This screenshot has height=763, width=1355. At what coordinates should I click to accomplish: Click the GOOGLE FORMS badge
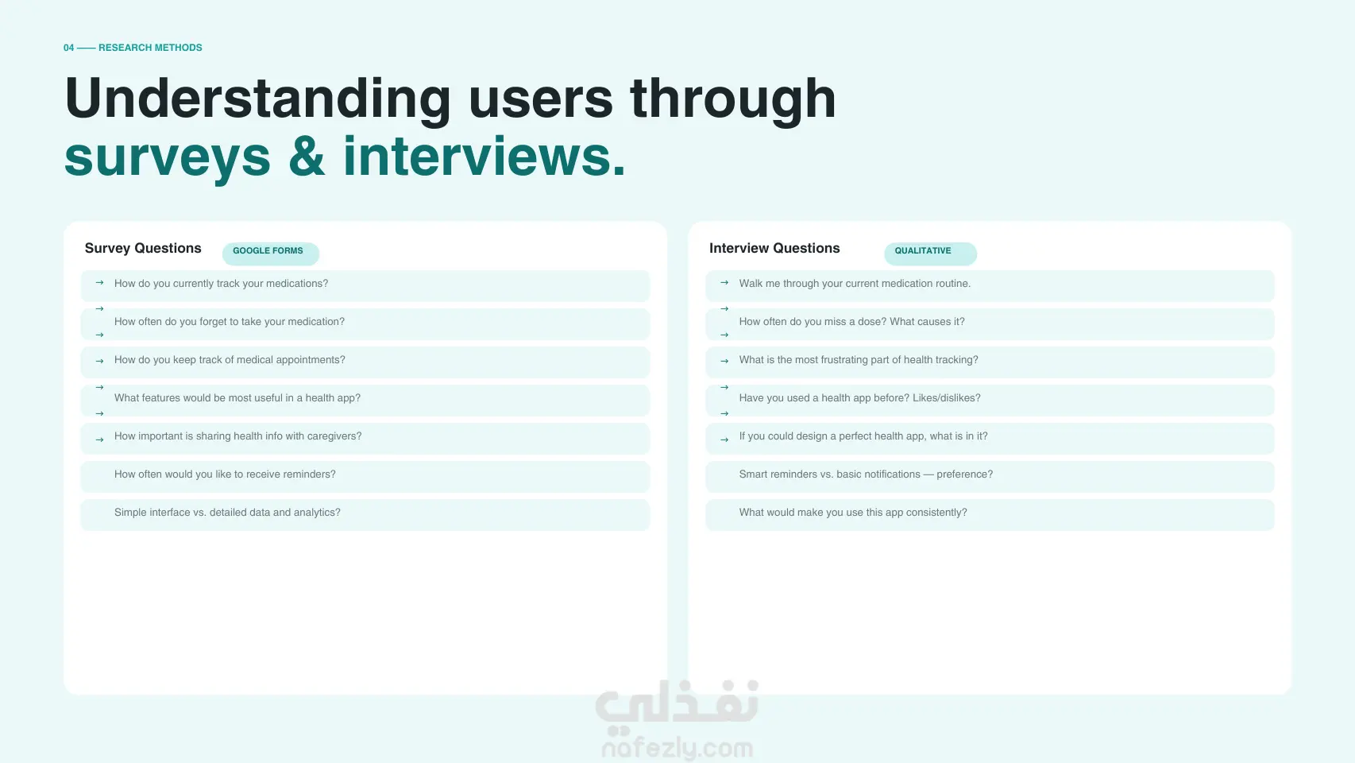tap(270, 253)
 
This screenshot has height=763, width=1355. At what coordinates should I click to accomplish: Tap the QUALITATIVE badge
tap(930, 253)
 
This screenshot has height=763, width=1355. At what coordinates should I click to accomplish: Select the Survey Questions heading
tap(143, 248)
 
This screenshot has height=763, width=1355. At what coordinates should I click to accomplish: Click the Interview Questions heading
tap(774, 248)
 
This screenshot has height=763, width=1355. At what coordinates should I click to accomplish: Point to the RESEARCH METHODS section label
tap(150, 47)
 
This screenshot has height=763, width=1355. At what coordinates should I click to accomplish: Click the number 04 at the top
tap(69, 47)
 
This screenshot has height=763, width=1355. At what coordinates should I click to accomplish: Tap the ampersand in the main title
tap(307, 157)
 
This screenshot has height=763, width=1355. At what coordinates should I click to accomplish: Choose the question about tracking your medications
tap(221, 284)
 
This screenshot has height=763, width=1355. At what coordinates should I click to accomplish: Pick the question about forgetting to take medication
tap(230, 322)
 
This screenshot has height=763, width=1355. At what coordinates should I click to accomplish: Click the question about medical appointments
tap(230, 360)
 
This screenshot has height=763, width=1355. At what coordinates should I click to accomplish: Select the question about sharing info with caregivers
tap(237, 436)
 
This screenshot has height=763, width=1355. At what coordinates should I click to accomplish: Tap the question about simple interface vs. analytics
tap(227, 513)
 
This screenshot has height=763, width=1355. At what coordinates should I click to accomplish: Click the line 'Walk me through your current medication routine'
tap(855, 284)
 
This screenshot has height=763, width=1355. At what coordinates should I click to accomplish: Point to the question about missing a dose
tap(851, 322)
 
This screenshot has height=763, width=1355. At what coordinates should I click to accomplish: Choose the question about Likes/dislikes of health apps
tap(859, 398)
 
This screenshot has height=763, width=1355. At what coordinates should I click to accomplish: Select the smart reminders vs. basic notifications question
tap(866, 474)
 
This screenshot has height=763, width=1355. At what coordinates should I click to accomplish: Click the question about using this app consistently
tap(853, 513)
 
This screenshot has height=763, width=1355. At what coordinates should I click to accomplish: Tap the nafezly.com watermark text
tap(677, 749)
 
